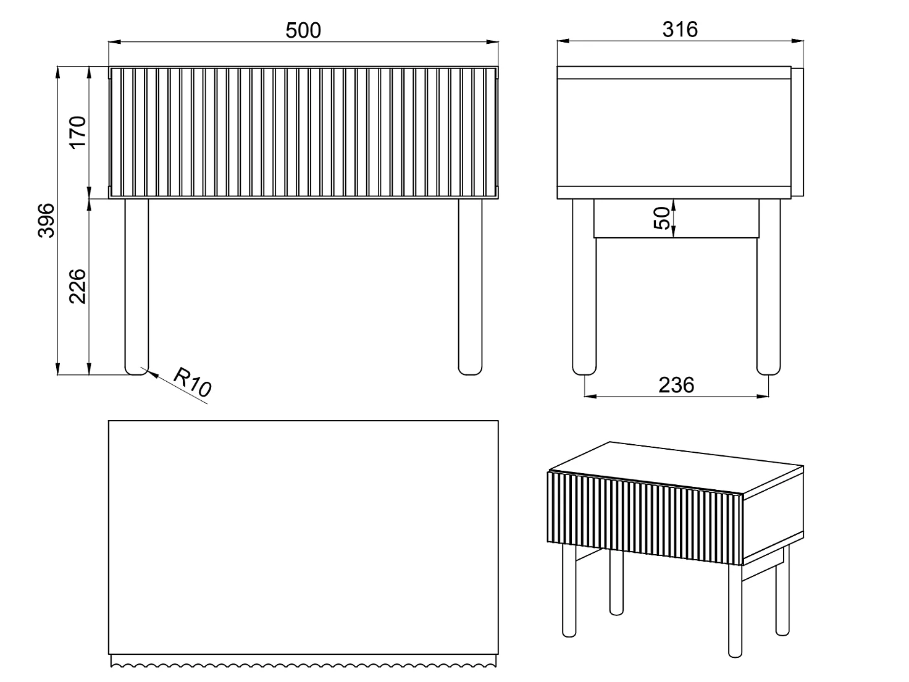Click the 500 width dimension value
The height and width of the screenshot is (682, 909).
pyautogui.click(x=303, y=31)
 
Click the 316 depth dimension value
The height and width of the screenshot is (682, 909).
pyautogui.click(x=680, y=30)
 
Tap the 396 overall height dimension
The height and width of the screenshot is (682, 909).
pyautogui.click(x=46, y=221)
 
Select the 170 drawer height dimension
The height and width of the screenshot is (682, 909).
pyautogui.click(x=78, y=132)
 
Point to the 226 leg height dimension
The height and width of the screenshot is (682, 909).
pyautogui.click(x=78, y=287)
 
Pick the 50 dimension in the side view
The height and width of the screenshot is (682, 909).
pyautogui.click(x=662, y=218)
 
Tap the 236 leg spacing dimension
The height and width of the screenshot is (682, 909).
pyautogui.click(x=676, y=385)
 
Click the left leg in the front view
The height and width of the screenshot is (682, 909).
pyautogui.click(x=136, y=287)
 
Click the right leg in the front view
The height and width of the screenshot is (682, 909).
pyautogui.click(x=471, y=287)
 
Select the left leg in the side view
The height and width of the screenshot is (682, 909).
pyautogui.click(x=584, y=287)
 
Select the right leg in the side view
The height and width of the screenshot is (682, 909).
pyautogui.click(x=769, y=287)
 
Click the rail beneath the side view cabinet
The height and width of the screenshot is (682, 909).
pyautogui.click(x=676, y=219)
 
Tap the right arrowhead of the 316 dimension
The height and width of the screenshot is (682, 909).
pyautogui.click(x=798, y=41)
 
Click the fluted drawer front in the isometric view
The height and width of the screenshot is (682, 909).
pyautogui.click(x=645, y=518)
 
